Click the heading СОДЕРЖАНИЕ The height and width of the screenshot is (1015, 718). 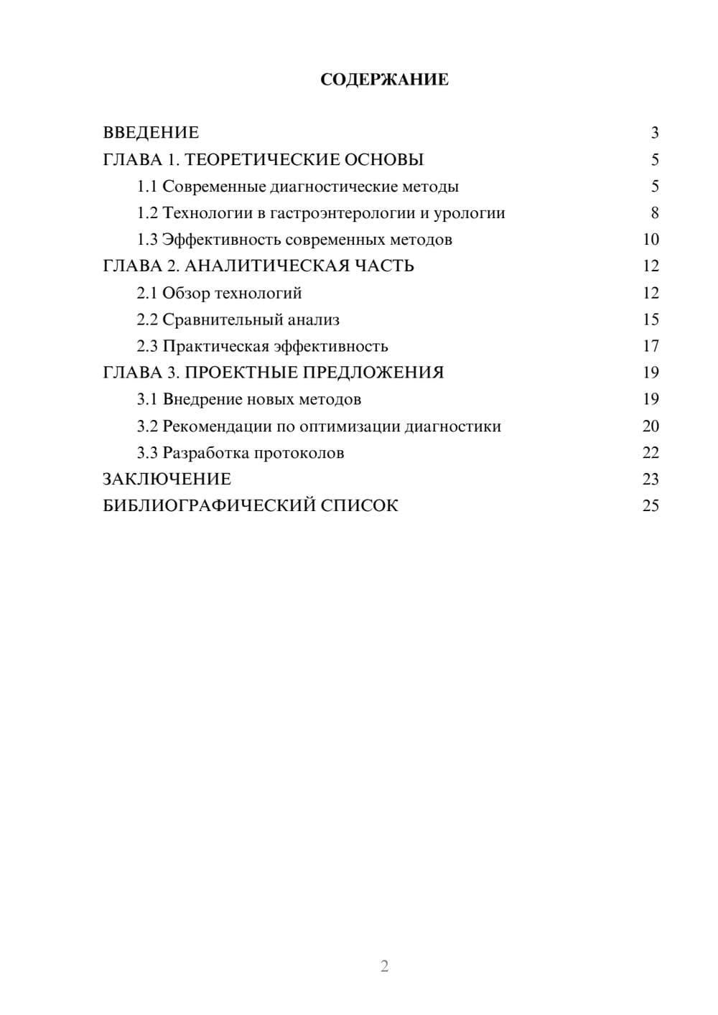pos(384,80)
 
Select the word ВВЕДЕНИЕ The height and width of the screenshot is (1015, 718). pos(151,133)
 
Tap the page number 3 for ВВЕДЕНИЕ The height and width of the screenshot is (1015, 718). pos(654,133)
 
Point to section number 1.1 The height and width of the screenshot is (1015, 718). pos(146,187)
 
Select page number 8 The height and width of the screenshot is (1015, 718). pos(654,213)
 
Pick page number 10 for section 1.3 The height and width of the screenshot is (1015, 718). pos(651,240)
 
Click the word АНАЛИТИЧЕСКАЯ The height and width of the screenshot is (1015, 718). pos(267,266)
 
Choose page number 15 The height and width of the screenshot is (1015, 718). pos(651,319)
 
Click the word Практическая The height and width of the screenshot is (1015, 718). pos(215,347)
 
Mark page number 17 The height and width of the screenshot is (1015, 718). pos(651,347)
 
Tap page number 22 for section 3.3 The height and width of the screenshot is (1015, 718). pos(651,453)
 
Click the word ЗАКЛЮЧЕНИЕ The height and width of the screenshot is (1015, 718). pos(167,480)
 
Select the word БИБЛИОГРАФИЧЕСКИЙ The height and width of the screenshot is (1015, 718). pos(209,506)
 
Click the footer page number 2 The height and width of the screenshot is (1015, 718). pos(384,966)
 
